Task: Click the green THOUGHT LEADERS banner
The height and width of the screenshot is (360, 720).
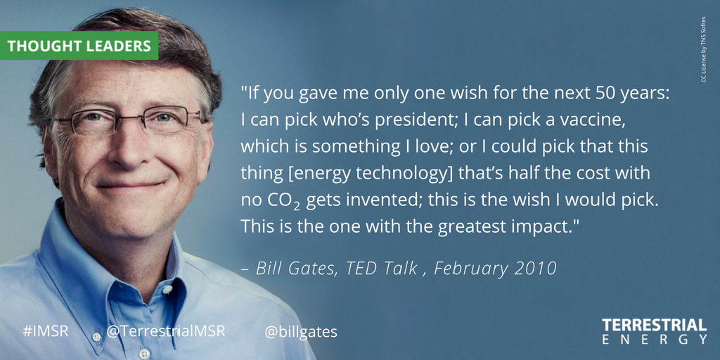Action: [x=79, y=46]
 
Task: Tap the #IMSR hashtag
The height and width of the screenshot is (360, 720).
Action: [x=45, y=330]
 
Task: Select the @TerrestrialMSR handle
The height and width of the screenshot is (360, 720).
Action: [x=166, y=330]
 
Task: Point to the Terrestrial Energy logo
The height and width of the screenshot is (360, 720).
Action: [x=654, y=331]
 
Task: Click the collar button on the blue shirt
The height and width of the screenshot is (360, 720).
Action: [x=168, y=289]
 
